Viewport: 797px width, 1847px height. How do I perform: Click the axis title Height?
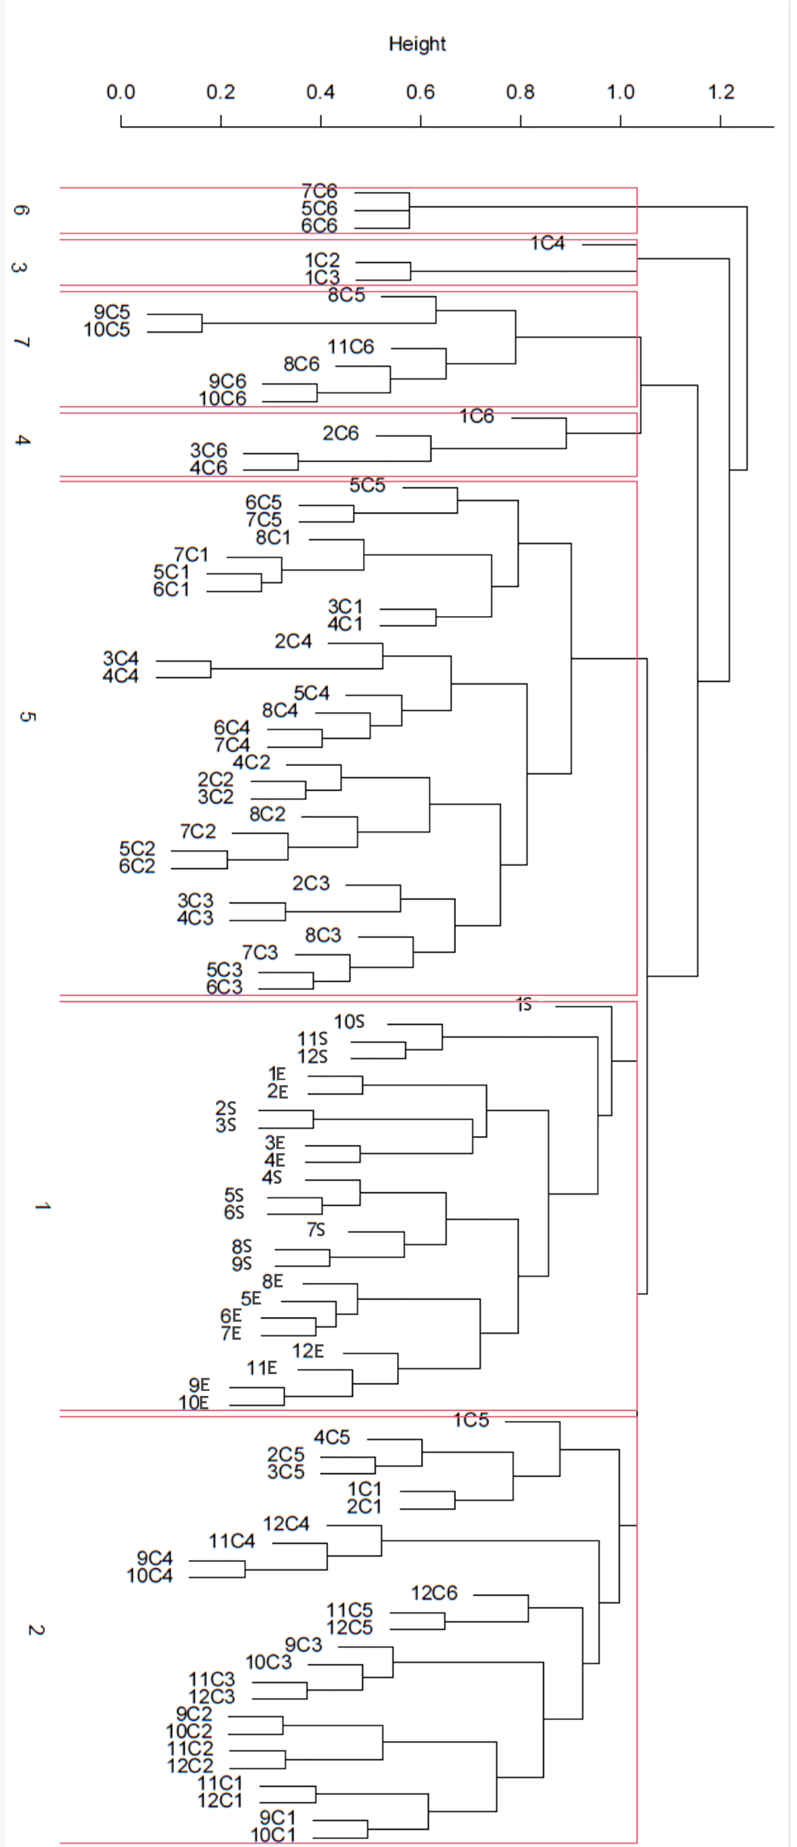coord(417,44)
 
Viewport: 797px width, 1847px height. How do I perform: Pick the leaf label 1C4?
coord(548,244)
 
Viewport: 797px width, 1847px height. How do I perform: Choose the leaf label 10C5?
coord(107,330)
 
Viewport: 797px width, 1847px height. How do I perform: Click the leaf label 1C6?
coord(477,416)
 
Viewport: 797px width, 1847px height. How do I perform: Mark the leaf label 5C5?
coord(367,485)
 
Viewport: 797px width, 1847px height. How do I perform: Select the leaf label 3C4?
coord(120,658)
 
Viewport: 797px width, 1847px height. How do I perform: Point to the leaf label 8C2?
coord(267,814)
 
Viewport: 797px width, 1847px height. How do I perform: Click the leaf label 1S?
coord(524,1005)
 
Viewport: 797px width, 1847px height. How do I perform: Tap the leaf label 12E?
coord(308,1351)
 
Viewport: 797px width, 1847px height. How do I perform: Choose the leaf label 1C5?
coord(471,1419)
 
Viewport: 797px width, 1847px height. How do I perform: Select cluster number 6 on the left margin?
coord(22,211)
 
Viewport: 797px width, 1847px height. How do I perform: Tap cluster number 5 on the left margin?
coord(25,717)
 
